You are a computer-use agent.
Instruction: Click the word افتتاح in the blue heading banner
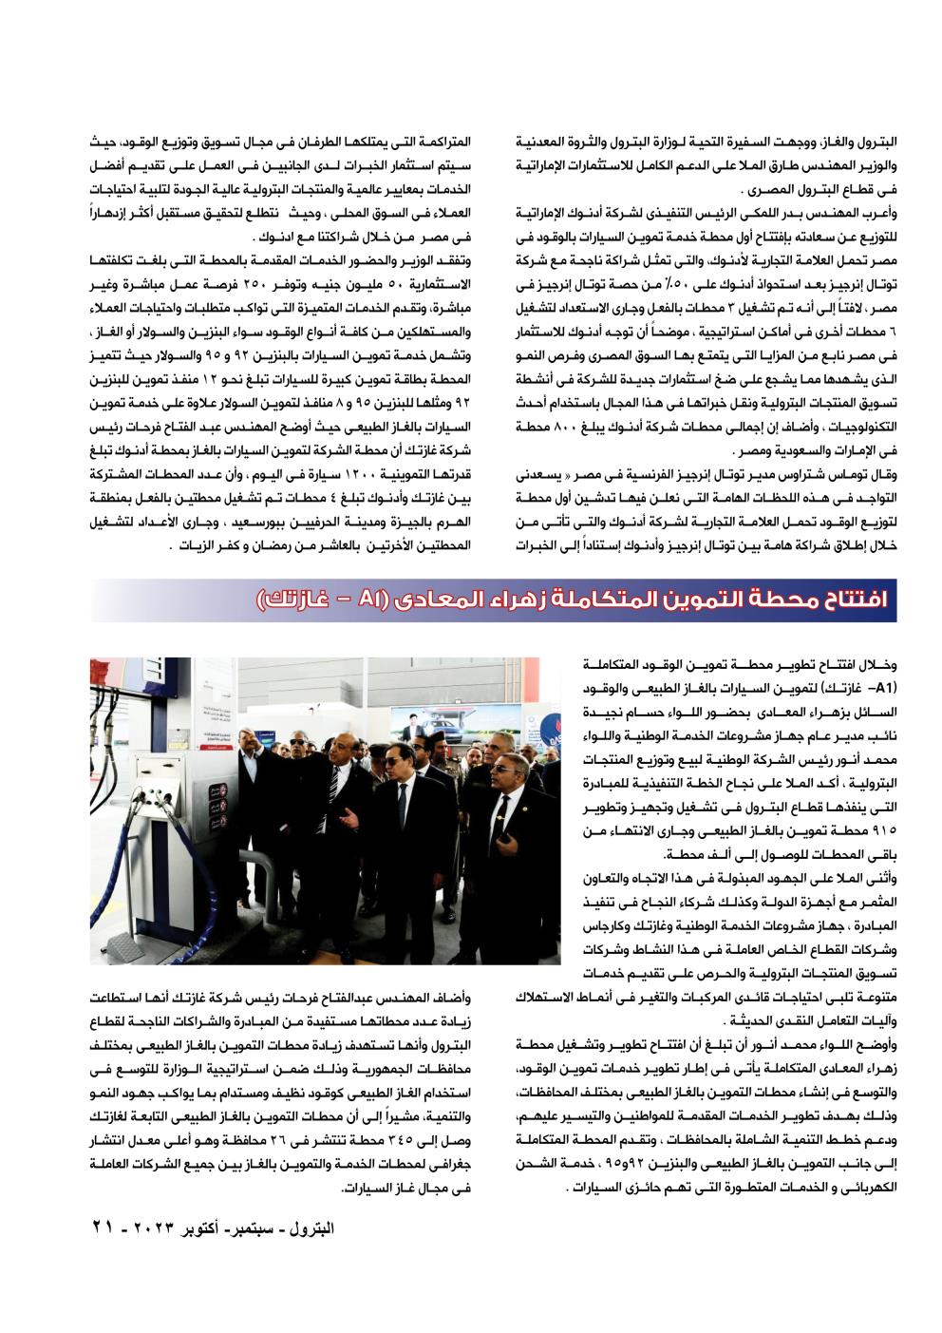pos(848,600)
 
